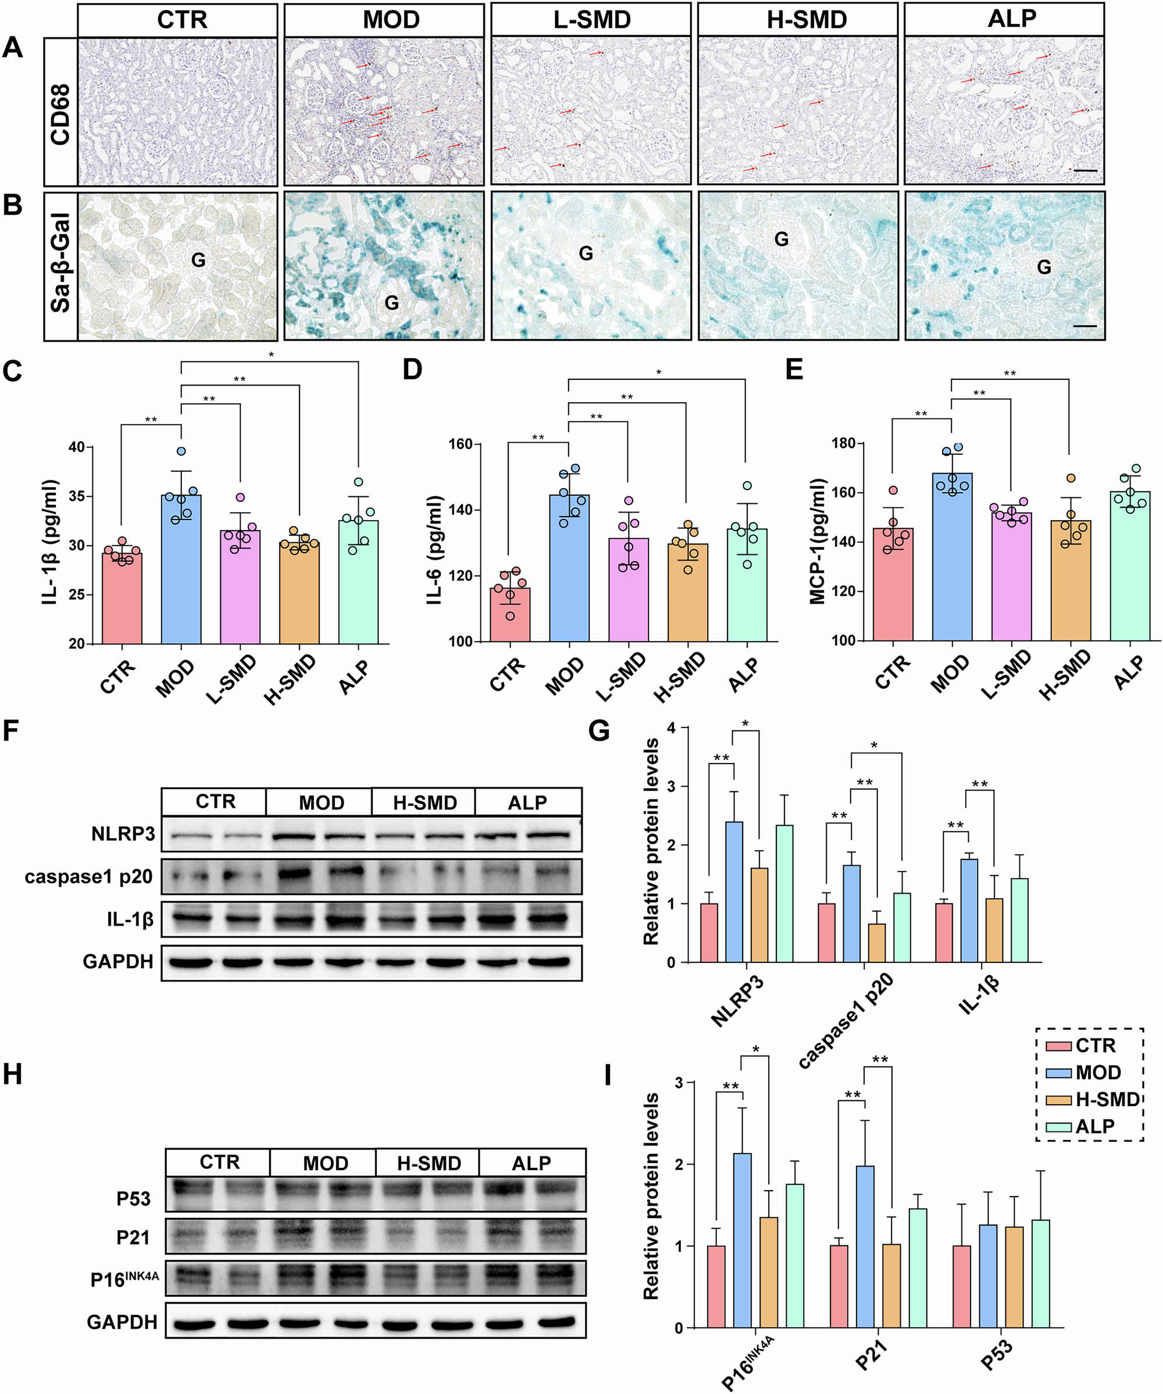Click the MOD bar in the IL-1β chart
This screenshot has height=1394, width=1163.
point(181,571)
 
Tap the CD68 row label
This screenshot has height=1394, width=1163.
point(60,113)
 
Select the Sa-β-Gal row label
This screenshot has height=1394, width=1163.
point(60,266)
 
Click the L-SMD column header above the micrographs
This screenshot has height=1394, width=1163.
point(591,19)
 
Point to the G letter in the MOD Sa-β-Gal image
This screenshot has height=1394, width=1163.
point(392,303)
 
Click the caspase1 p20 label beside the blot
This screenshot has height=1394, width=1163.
point(88,877)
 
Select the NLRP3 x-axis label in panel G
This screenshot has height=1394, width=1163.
point(737,1002)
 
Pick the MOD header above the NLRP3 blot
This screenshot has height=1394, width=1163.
point(322,802)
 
